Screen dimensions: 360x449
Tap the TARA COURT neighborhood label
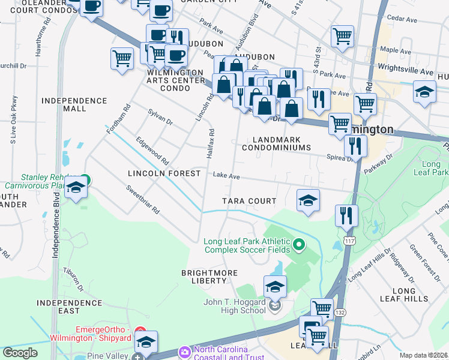(x=249, y=201)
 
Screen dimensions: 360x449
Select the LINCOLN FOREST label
(x=164, y=173)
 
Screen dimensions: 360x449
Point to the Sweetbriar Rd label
(x=142, y=200)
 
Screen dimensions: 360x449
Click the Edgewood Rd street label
(x=152, y=152)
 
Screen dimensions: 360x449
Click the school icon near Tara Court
(x=308, y=200)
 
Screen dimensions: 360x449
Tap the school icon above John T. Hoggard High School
(x=275, y=287)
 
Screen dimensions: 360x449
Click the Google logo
(x=20, y=353)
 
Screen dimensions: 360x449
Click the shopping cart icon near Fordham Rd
(x=122, y=59)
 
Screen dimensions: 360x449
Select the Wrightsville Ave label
(x=405, y=71)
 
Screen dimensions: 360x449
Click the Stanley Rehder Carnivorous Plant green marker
(x=85, y=179)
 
